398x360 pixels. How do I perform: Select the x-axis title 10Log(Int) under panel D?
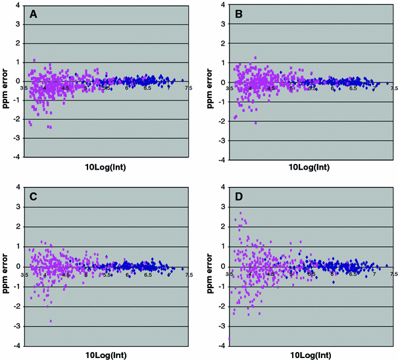click(x=312, y=355)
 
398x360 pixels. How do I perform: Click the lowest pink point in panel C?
click(x=51, y=321)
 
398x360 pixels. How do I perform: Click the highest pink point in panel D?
click(x=241, y=213)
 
